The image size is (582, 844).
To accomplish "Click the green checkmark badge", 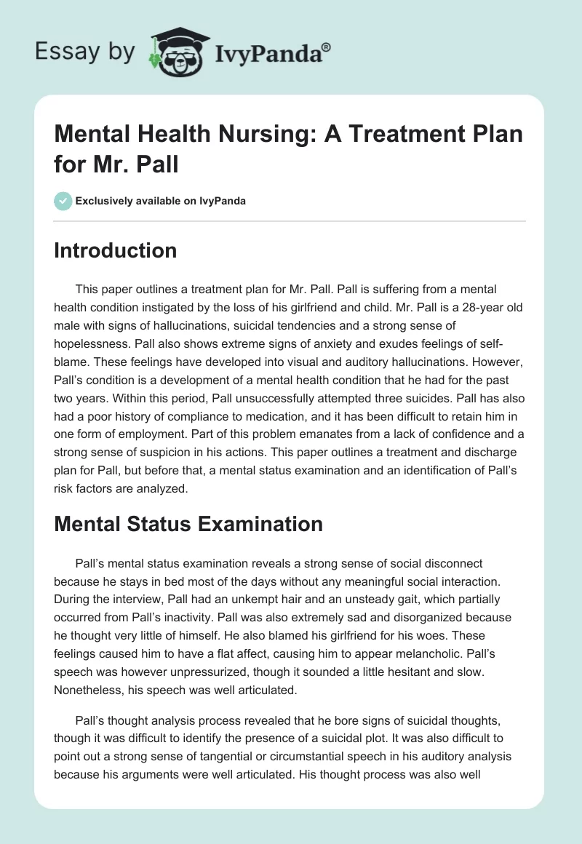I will (x=63, y=201).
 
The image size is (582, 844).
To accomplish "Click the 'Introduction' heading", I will (x=115, y=250).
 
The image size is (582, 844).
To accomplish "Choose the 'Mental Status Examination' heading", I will (x=188, y=523).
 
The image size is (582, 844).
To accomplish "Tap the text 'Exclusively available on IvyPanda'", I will (x=161, y=202).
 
